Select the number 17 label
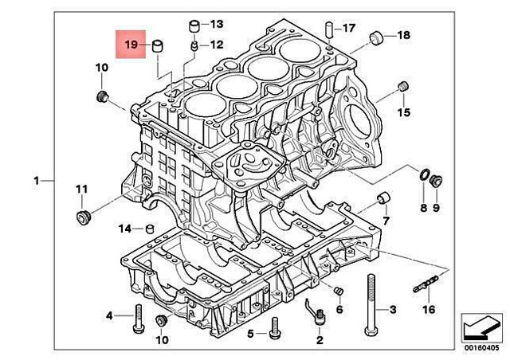[349, 29]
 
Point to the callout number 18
[403, 36]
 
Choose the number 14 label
[124, 229]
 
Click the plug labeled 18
[379, 37]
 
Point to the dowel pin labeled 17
[328, 29]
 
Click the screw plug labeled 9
[436, 182]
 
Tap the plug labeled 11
[81, 218]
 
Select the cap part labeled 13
[193, 29]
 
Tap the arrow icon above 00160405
[480, 327]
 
